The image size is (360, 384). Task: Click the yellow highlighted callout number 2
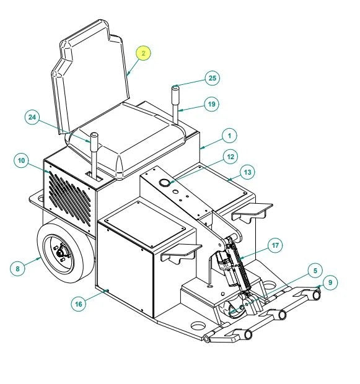coord(144,53)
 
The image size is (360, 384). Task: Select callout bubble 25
coord(213,78)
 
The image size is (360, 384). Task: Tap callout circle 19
coord(211,104)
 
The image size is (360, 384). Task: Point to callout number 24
coord(32,117)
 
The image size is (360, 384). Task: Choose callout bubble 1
coord(230,136)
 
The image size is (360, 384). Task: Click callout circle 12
coord(230,157)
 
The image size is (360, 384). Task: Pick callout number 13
coord(247,172)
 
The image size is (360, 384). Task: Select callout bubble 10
coord(21,160)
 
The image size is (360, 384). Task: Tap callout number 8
coord(17,269)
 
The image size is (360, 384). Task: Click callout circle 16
coord(79,304)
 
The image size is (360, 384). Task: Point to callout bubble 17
coord(275,245)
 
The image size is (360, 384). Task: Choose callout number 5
coord(315,271)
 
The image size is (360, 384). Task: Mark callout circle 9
coord(330,282)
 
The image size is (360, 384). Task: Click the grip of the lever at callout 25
coord(175,95)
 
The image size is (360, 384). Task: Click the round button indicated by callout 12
coord(164,183)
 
